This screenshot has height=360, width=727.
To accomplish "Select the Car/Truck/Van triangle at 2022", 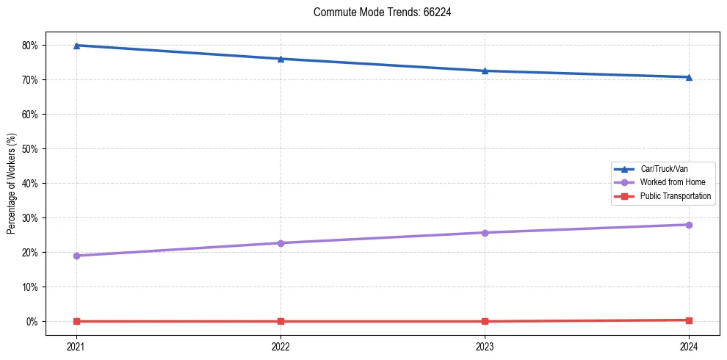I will point(281,59).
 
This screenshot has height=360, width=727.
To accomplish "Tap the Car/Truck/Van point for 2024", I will point(689,77).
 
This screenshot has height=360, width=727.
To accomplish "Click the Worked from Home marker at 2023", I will point(485,233).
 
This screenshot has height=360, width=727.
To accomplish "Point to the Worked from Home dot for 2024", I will point(689,225).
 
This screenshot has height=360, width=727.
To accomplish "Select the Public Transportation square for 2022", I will point(281,321).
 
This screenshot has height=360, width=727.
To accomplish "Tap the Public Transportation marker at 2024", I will point(689,320).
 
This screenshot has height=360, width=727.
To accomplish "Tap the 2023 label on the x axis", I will point(485,345).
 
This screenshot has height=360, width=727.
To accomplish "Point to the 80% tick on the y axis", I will point(29,46).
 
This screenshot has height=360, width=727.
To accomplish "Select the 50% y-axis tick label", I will point(29,149).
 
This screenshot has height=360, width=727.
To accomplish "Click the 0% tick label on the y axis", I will point(32,322).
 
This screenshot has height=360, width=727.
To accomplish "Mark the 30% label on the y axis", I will point(29,218).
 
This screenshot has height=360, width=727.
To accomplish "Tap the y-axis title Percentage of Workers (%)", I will point(12,184).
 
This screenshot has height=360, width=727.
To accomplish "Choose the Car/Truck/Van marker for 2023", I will point(485,71).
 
